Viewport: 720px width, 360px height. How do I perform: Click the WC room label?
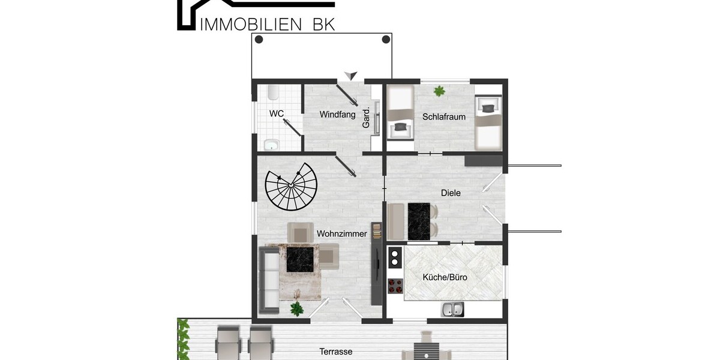click(277, 113)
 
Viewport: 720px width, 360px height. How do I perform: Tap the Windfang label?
click(338, 114)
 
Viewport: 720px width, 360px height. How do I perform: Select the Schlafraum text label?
click(444, 117)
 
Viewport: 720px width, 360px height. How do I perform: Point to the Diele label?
click(451, 193)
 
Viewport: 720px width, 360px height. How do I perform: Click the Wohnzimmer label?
click(341, 234)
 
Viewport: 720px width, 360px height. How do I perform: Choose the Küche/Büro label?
click(445, 278)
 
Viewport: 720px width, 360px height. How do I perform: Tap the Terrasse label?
click(335, 352)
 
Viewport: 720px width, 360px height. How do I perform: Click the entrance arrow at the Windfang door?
click(350, 76)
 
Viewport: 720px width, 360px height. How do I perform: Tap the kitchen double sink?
click(452, 310)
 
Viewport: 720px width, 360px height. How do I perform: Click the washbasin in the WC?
click(272, 144)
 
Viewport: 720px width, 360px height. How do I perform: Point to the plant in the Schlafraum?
click(440, 91)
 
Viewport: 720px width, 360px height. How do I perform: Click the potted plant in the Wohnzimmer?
click(296, 308)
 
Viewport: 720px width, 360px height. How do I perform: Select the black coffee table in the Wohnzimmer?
click(301, 259)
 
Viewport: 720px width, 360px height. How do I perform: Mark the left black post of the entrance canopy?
click(259, 40)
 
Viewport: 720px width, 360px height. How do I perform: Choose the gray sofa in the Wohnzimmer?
click(269, 281)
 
